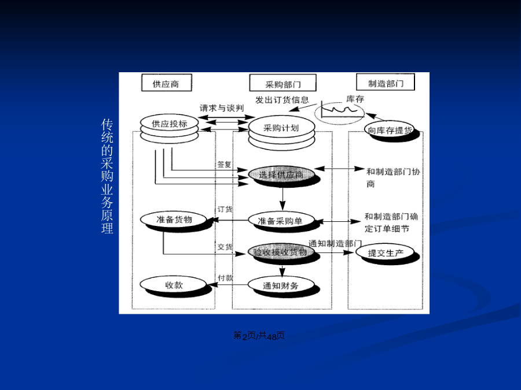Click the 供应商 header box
(x=166, y=83)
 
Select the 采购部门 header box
(x=283, y=83)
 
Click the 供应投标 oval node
(x=169, y=123)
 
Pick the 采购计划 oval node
(x=281, y=128)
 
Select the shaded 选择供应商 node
(x=281, y=174)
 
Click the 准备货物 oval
(x=174, y=220)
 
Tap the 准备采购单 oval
(x=281, y=220)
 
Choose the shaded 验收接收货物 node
(x=280, y=252)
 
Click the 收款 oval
(x=174, y=284)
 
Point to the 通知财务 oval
(x=281, y=284)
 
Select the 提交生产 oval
(x=387, y=252)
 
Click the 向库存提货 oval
(x=390, y=131)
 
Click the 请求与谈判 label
(x=222, y=108)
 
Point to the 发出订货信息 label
(x=282, y=99)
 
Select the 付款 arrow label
(x=225, y=278)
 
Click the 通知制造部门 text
(x=335, y=243)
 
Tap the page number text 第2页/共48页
(x=259, y=336)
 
